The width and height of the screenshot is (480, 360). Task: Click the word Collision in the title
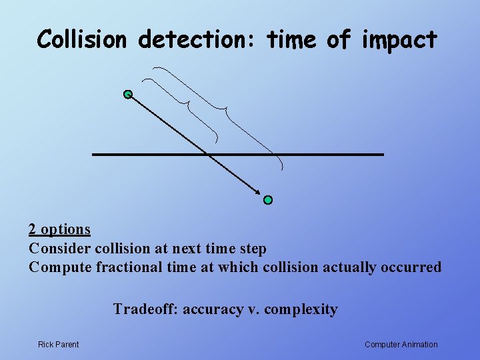(x=81, y=40)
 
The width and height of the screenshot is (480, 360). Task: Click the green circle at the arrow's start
(x=128, y=94)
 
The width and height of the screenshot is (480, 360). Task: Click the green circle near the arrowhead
(x=268, y=199)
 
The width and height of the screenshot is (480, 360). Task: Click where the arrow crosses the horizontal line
(x=209, y=155)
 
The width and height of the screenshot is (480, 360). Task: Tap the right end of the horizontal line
(x=383, y=155)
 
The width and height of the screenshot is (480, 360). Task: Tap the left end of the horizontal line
(x=93, y=155)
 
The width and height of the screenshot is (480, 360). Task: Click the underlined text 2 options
(x=59, y=229)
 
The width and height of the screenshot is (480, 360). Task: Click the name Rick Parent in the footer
(x=58, y=345)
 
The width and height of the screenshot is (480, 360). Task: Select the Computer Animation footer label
(x=401, y=345)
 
